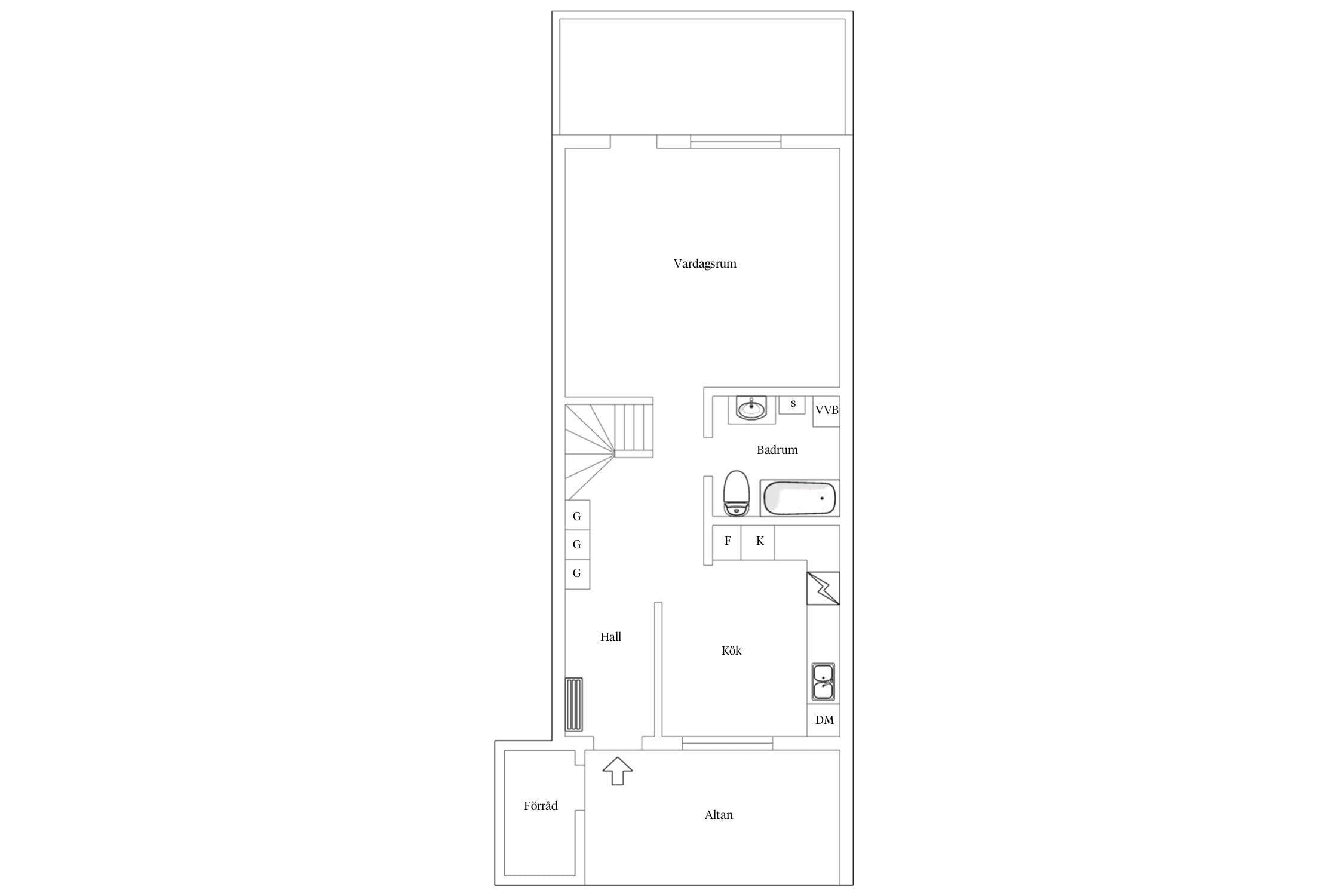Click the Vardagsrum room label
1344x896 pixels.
click(x=705, y=264)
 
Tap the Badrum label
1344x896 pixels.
click(x=777, y=450)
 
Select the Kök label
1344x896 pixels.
click(x=731, y=650)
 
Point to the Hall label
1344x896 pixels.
click(x=610, y=637)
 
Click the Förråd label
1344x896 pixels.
click(x=541, y=806)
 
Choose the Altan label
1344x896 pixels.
click(x=719, y=815)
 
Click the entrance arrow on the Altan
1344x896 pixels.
click(x=618, y=771)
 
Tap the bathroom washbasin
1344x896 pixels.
click(x=751, y=409)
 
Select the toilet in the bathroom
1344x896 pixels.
click(x=736, y=493)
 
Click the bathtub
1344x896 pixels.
click(x=800, y=498)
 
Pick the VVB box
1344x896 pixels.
click(x=827, y=412)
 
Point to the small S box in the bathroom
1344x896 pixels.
click(x=792, y=404)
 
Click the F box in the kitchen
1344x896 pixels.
click(x=727, y=542)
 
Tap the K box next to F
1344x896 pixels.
click(x=758, y=542)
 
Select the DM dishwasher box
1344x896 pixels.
click(x=824, y=720)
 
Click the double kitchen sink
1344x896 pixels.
click(x=823, y=682)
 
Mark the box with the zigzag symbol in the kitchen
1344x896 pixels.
click(x=823, y=588)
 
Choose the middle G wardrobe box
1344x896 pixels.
click(x=578, y=545)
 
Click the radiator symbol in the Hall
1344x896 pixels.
click(x=574, y=704)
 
